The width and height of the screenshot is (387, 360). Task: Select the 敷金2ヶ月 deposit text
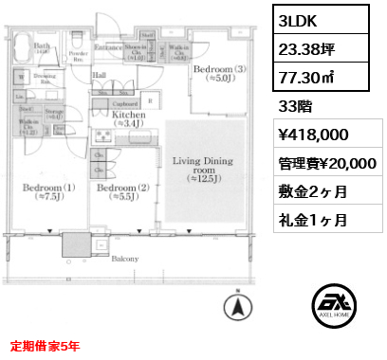point(313,191)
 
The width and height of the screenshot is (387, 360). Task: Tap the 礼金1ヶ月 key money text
point(313,219)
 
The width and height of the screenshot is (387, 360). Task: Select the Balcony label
point(125,257)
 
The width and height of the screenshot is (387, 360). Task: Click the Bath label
point(42,46)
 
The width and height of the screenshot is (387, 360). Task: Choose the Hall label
point(100,74)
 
